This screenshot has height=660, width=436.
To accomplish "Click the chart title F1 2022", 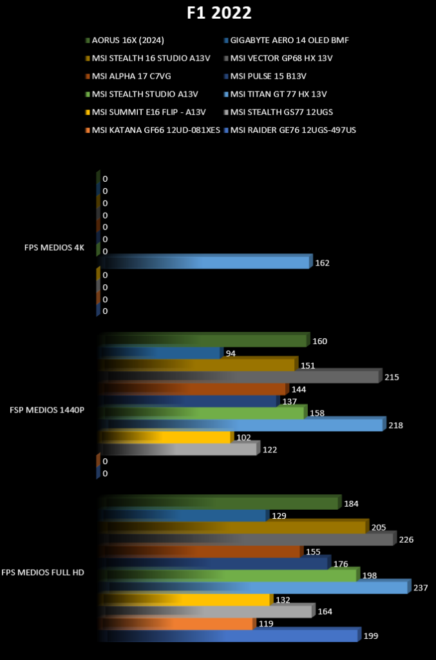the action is coord(219,13).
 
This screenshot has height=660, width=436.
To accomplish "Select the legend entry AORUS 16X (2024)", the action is coord(125,41).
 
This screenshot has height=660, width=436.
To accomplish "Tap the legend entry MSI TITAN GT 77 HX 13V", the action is coord(276,94).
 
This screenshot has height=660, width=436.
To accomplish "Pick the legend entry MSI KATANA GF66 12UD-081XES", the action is coord(153,130).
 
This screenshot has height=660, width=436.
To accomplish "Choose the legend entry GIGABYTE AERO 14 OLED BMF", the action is coord(287,41).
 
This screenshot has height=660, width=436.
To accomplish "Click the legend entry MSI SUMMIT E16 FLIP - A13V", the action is coord(146,112).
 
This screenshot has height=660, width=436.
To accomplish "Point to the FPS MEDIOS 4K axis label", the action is coord(54,247).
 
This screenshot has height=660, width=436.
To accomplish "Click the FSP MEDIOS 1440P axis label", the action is coord(47,410).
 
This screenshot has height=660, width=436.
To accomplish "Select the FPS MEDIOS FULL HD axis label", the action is coord(43,572).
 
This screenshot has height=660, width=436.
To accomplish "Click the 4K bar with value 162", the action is coord(205,262).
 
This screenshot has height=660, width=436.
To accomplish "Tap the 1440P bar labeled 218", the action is coord(242,424).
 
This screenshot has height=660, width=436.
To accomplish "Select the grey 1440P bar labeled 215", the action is coord(240,376).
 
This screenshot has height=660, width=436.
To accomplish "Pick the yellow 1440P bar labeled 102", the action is coord(166,436).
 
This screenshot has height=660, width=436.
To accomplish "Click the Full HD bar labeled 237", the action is coord(255,587).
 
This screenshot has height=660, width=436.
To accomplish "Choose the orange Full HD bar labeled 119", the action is coord(177,623).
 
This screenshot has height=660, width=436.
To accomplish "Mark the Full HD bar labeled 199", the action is coord(229,634).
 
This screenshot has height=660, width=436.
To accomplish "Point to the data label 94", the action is coord(231,354).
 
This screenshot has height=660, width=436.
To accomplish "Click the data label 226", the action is coord(406,539).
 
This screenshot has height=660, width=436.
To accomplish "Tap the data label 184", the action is coord(351,504).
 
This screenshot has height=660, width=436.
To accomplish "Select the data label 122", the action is coord(269,450).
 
